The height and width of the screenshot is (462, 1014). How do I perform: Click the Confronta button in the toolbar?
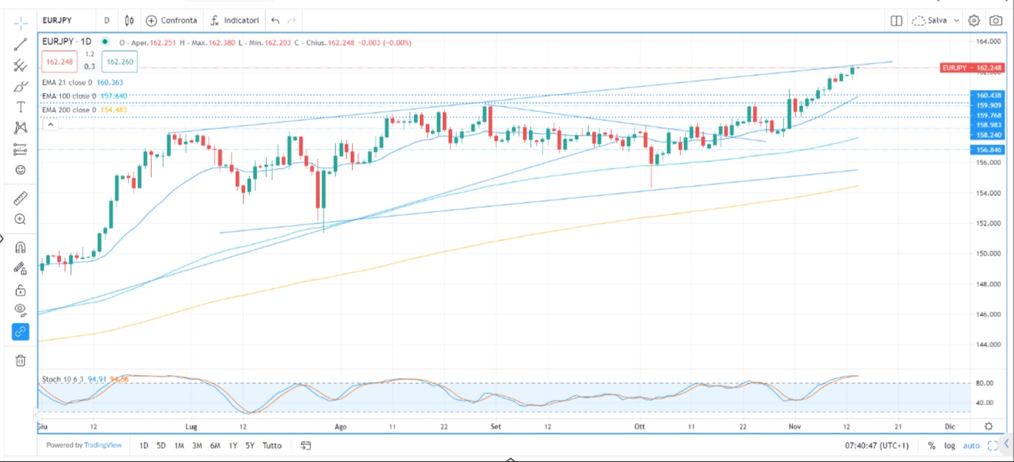(x=172, y=21)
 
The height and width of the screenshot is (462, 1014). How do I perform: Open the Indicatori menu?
(x=235, y=21)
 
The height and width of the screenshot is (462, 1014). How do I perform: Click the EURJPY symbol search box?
(x=67, y=21)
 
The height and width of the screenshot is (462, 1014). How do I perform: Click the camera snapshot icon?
(x=996, y=21)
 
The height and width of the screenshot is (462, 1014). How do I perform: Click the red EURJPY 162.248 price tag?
(x=972, y=68)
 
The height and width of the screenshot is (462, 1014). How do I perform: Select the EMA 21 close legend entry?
(x=67, y=83)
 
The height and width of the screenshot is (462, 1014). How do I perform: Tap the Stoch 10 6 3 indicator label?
(x=62, y=379)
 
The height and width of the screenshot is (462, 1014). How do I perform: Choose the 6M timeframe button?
(x=214, y=445)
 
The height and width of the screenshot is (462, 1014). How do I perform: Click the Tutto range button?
(x=272, y=445)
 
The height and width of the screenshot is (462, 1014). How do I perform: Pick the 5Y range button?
(x=251, y=445)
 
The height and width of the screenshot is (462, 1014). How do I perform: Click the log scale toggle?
(x=948, y=445)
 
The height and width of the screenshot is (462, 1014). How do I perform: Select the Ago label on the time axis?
(x=340, y=427)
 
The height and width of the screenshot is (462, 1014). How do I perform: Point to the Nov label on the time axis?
(x=794, y=427)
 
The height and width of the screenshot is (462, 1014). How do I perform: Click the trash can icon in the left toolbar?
(x=21, y=360)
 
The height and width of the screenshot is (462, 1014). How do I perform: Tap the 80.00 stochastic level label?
(x=985, y=383)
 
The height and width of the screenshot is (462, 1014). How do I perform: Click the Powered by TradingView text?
(x=84, y=445)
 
